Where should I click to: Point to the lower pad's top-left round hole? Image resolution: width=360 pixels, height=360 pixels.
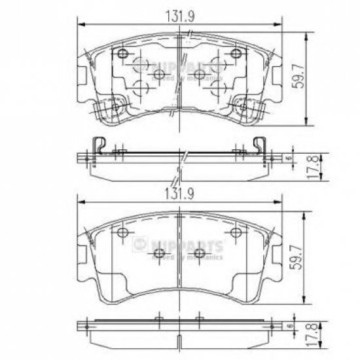pos(122,233)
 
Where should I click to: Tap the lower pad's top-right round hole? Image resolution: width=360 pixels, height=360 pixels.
pos(234,233)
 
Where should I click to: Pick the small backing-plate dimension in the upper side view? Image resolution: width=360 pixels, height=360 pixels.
pos(289,158)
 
